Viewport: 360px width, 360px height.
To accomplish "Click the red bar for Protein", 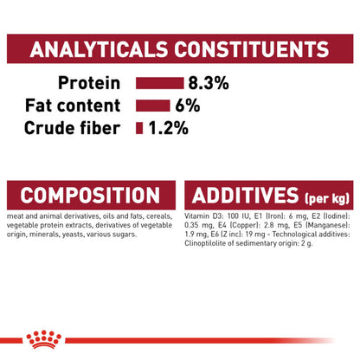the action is (x=159, y=83).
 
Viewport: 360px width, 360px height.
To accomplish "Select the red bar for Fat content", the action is (x=153, y=106).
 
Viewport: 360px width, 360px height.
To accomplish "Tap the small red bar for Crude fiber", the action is (x=139, y=128).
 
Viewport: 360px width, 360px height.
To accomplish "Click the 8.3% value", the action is (x=209, y=83).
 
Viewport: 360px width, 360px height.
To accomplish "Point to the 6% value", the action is (x=188, y=106).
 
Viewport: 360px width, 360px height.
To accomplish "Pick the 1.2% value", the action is (x=168, y=128).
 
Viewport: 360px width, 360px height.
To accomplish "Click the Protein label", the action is (x=89, y=83).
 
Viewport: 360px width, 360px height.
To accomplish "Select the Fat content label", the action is (x=73, y=106).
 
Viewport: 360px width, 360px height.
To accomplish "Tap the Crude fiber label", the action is (x=72, y=128).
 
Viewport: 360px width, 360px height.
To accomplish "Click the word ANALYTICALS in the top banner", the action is (x=99, y=49).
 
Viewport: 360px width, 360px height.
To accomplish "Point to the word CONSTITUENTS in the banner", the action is (x=252, y=49).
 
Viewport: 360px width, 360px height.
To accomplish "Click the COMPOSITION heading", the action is (x=90, y=196).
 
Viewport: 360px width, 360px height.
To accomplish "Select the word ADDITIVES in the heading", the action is (x=246, y=196).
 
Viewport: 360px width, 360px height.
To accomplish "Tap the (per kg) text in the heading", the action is (x=327, y=198).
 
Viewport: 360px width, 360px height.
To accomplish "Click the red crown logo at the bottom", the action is (x=44, y=339).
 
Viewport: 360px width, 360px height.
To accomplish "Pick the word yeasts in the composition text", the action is (x=71, y=235).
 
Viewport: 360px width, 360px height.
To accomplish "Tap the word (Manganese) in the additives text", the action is (x=327, y=225).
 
